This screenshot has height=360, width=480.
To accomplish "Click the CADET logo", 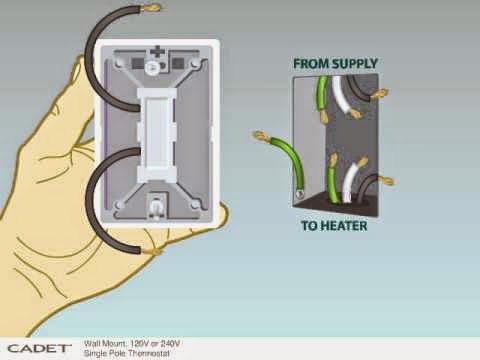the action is click(x=39, y=349).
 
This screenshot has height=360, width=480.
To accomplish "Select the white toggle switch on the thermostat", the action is click(x=157, y=133).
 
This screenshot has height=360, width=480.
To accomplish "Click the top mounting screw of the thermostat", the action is click(x=152, y=66).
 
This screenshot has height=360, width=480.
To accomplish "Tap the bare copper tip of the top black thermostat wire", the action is click(x=151, y=8).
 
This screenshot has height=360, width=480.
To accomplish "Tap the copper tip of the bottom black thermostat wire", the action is click(x=151, y=251).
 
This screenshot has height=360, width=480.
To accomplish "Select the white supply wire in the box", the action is click(x=343, y=96).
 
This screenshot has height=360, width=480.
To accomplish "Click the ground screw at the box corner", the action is click(x=299, y=194).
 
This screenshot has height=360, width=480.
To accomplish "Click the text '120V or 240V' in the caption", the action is click(x=155, y=344).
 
